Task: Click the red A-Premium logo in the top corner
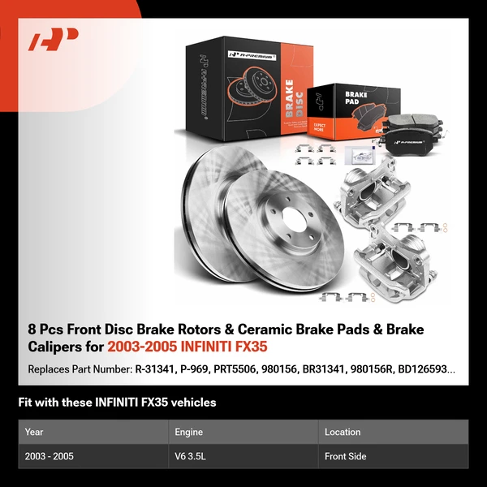[54, 40]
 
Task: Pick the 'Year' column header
[34, 432]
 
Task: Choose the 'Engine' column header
[188, 432]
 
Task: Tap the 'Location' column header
[343, 432]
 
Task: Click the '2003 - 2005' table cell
[50, 456]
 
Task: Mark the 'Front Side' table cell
[345, 456]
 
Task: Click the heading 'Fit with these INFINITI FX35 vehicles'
[117, 403]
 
